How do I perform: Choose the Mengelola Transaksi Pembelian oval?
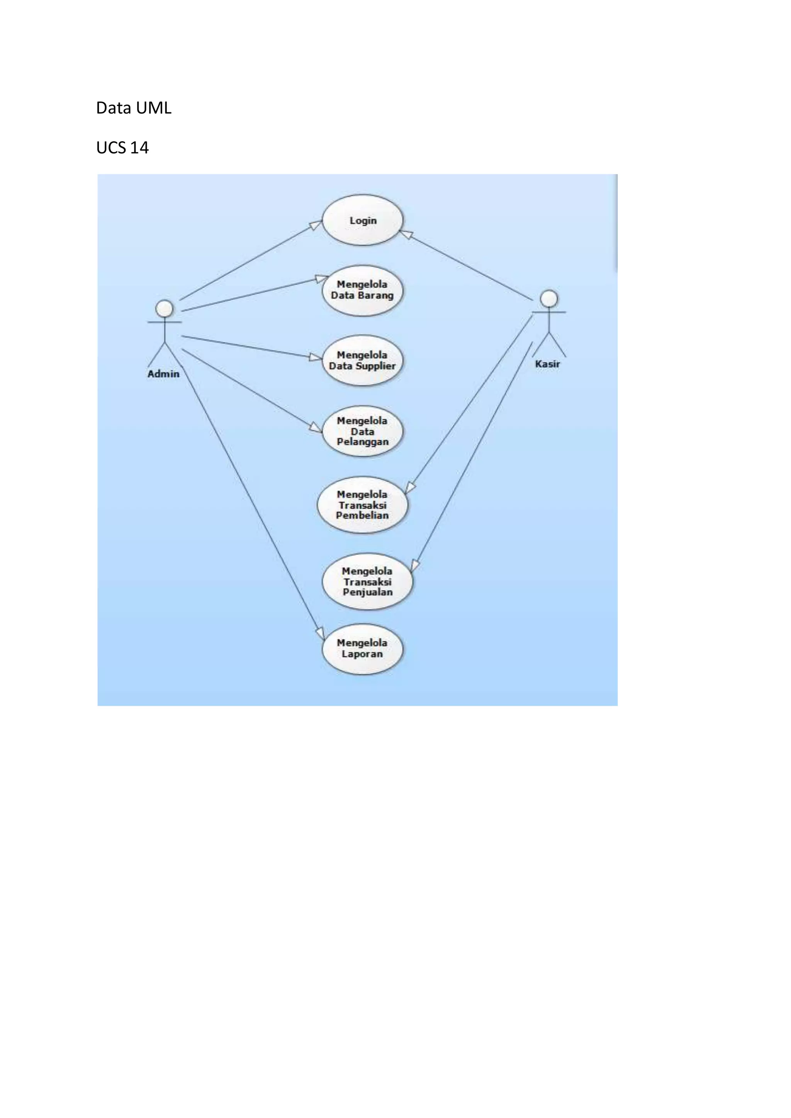[x=362, y=505]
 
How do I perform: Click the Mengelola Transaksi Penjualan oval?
[x=367, y=581]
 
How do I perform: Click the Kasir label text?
[x=547, y=364]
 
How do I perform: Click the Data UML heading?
[x=134, y=108]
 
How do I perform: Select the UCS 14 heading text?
[x=122, y=147]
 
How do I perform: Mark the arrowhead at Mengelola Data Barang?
[x=321, y=279]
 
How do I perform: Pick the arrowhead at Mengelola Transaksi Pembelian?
[x=410, y=488]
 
